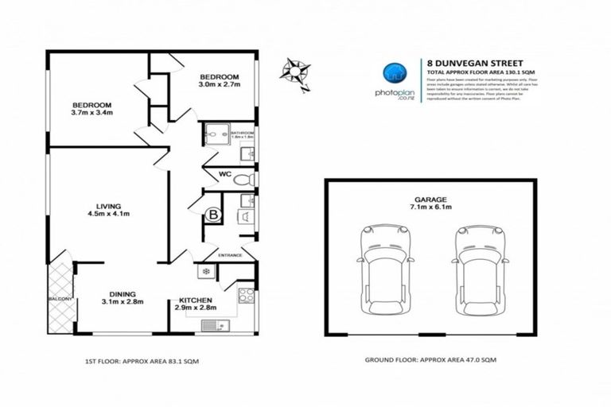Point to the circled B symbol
point(212,215)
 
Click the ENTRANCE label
point(232,256)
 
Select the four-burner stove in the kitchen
point(245,293)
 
